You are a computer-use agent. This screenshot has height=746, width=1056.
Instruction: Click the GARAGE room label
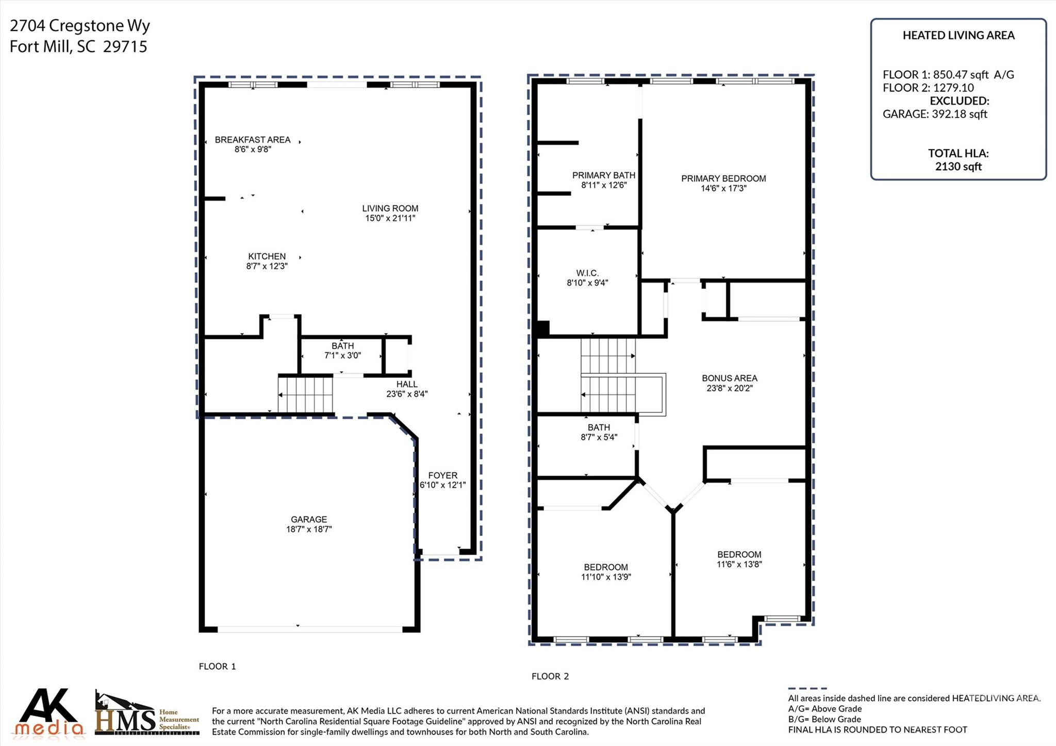pyautogui.click(x=308, y=519)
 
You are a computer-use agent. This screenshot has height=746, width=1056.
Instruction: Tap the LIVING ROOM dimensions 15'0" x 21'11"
pyautogui.click(x=390, y=218)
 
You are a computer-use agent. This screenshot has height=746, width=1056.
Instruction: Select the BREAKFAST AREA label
pyautogui.click(x=252, y=140)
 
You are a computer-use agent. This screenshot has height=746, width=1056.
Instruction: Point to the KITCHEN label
pyautogui.click(x=267, y=256)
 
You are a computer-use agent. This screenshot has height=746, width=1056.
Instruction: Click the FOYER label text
pyautogui.click(x=442, y=475)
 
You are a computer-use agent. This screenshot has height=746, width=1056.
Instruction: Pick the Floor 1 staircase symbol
pyautogui.click(x=305, y=395)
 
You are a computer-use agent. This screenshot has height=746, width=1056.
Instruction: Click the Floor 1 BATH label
pyautogui.click(x=342, y=346)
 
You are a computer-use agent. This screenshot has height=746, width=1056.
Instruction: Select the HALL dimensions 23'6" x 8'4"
pyautogui.click(x=407, y=394)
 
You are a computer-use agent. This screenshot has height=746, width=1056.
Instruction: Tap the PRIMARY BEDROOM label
pyautogui.click(x=723, y=178)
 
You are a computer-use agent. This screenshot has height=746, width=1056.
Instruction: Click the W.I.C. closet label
pyautogui.click(x=587, y=273)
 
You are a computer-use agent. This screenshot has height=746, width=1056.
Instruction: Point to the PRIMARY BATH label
pyautogui.click(x=603, y=175)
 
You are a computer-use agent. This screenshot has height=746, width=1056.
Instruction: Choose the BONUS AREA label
pyautogui.click(x=729, y=378)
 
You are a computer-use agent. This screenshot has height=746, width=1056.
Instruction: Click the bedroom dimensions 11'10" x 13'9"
pyautogui.click(x=606, y=577)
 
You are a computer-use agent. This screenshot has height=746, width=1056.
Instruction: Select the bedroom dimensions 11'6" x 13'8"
pyautogui.click(x=739, y=564)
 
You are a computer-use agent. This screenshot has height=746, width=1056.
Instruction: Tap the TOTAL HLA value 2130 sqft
pyautogui.click(x=958, y=167)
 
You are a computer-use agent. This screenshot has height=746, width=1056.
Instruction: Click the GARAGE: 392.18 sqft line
pyautogui.click(x=934, y=114)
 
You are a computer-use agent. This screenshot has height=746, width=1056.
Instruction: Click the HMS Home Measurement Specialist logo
pyautogui.click(x=147, y=714)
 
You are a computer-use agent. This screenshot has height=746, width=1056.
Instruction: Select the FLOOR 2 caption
pyautogui.click(x=550, y=676)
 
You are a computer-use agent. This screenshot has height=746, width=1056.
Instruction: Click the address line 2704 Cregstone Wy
pyautogui.click(x=80, y=25)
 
